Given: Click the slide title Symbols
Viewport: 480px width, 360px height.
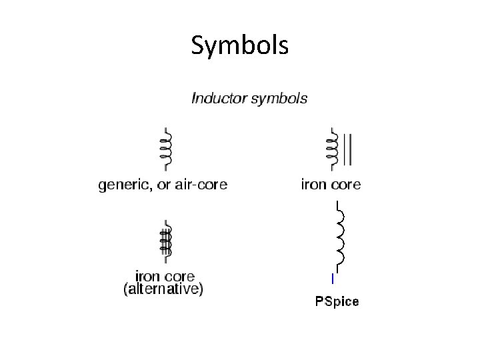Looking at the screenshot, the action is tap(239, 45).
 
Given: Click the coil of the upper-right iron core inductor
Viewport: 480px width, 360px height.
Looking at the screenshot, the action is tap(331, 150).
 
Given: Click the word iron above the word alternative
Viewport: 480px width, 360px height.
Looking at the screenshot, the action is tap(147, 276).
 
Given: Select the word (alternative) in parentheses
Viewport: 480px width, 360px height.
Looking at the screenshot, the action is tap(163, 289).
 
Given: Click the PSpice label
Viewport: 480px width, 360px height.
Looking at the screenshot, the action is tap(337, 302).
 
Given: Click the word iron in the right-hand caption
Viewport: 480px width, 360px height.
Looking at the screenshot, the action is tap(313, 185).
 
